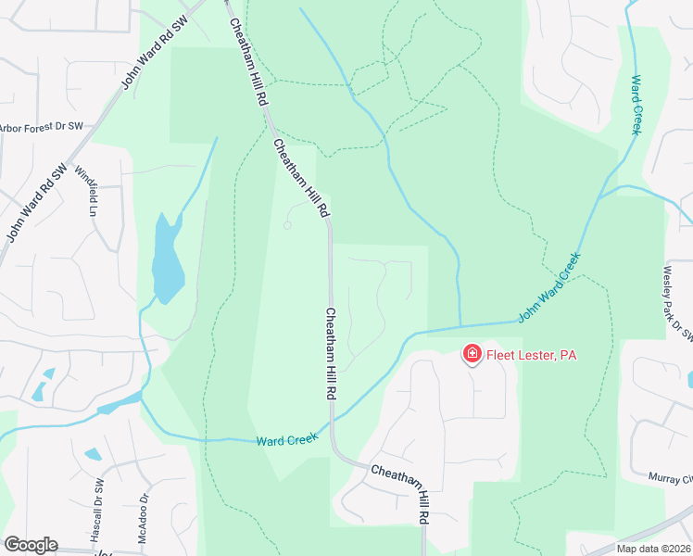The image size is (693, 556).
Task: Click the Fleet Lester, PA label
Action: coord(531,355)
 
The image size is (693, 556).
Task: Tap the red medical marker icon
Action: coord(472,354)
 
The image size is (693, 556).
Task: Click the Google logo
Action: coord(31,545)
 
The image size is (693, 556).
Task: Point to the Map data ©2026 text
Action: coord(653,549)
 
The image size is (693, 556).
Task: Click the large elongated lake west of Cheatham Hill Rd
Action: coord(168,259)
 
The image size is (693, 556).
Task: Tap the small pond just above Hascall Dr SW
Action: coord(94,455)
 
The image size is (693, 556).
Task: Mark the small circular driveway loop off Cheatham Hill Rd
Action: coord(287,225)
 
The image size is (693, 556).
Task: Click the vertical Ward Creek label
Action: coord(636,105)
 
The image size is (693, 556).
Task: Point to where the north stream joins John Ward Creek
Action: coord(460,324)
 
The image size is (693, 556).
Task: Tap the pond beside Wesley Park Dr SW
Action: coord(690,379)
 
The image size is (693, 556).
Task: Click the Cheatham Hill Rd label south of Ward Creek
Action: coord(403,485)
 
